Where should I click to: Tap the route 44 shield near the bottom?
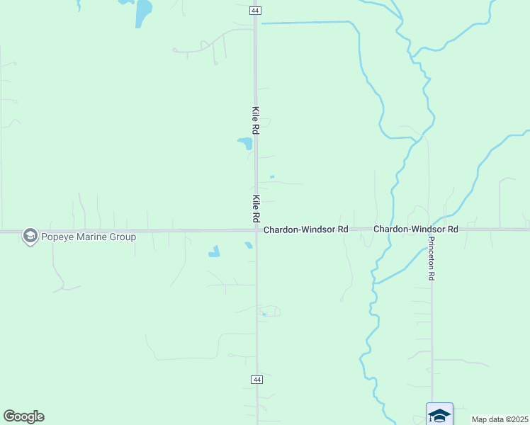tap(256, 380)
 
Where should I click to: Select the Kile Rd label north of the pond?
tap(256, 120)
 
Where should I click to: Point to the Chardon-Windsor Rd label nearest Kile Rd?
tap(306, 230)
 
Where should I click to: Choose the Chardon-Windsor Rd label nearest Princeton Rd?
tap(416, 229)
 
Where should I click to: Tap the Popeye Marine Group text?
tap(88, 237)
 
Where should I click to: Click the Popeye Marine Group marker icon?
tap(30, 236)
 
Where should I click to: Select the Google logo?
tap(23, 416)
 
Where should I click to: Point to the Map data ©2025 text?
tap(500, 419)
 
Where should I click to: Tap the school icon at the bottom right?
tap(439, 414)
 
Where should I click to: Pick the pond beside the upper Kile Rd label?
tap(246, 143)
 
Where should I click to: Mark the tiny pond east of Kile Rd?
tap(272, 177)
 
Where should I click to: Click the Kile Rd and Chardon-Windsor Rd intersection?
tap(256, 229)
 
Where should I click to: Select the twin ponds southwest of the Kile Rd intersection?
tap(214, 251)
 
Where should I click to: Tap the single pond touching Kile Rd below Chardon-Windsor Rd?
tap(248, 246)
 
